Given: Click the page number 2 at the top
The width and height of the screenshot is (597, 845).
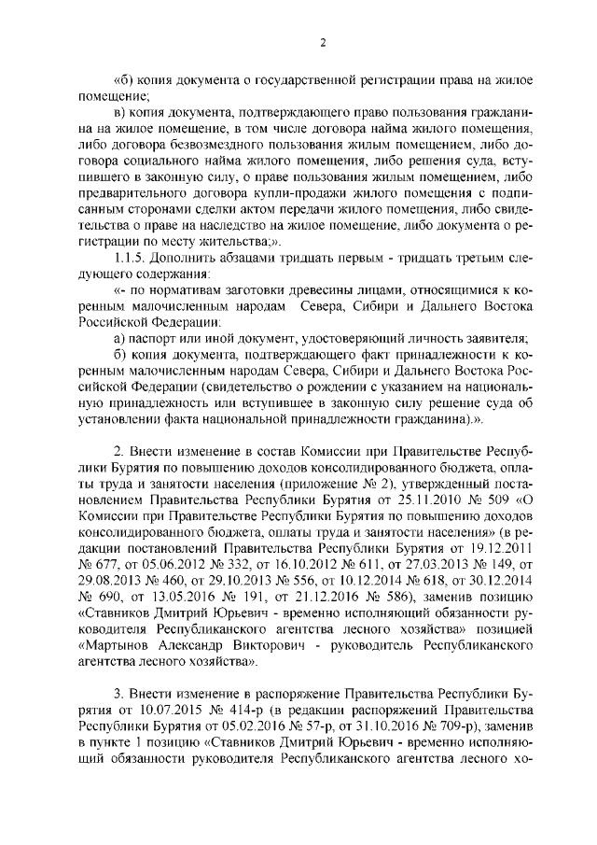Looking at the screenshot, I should coord(321,42).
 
